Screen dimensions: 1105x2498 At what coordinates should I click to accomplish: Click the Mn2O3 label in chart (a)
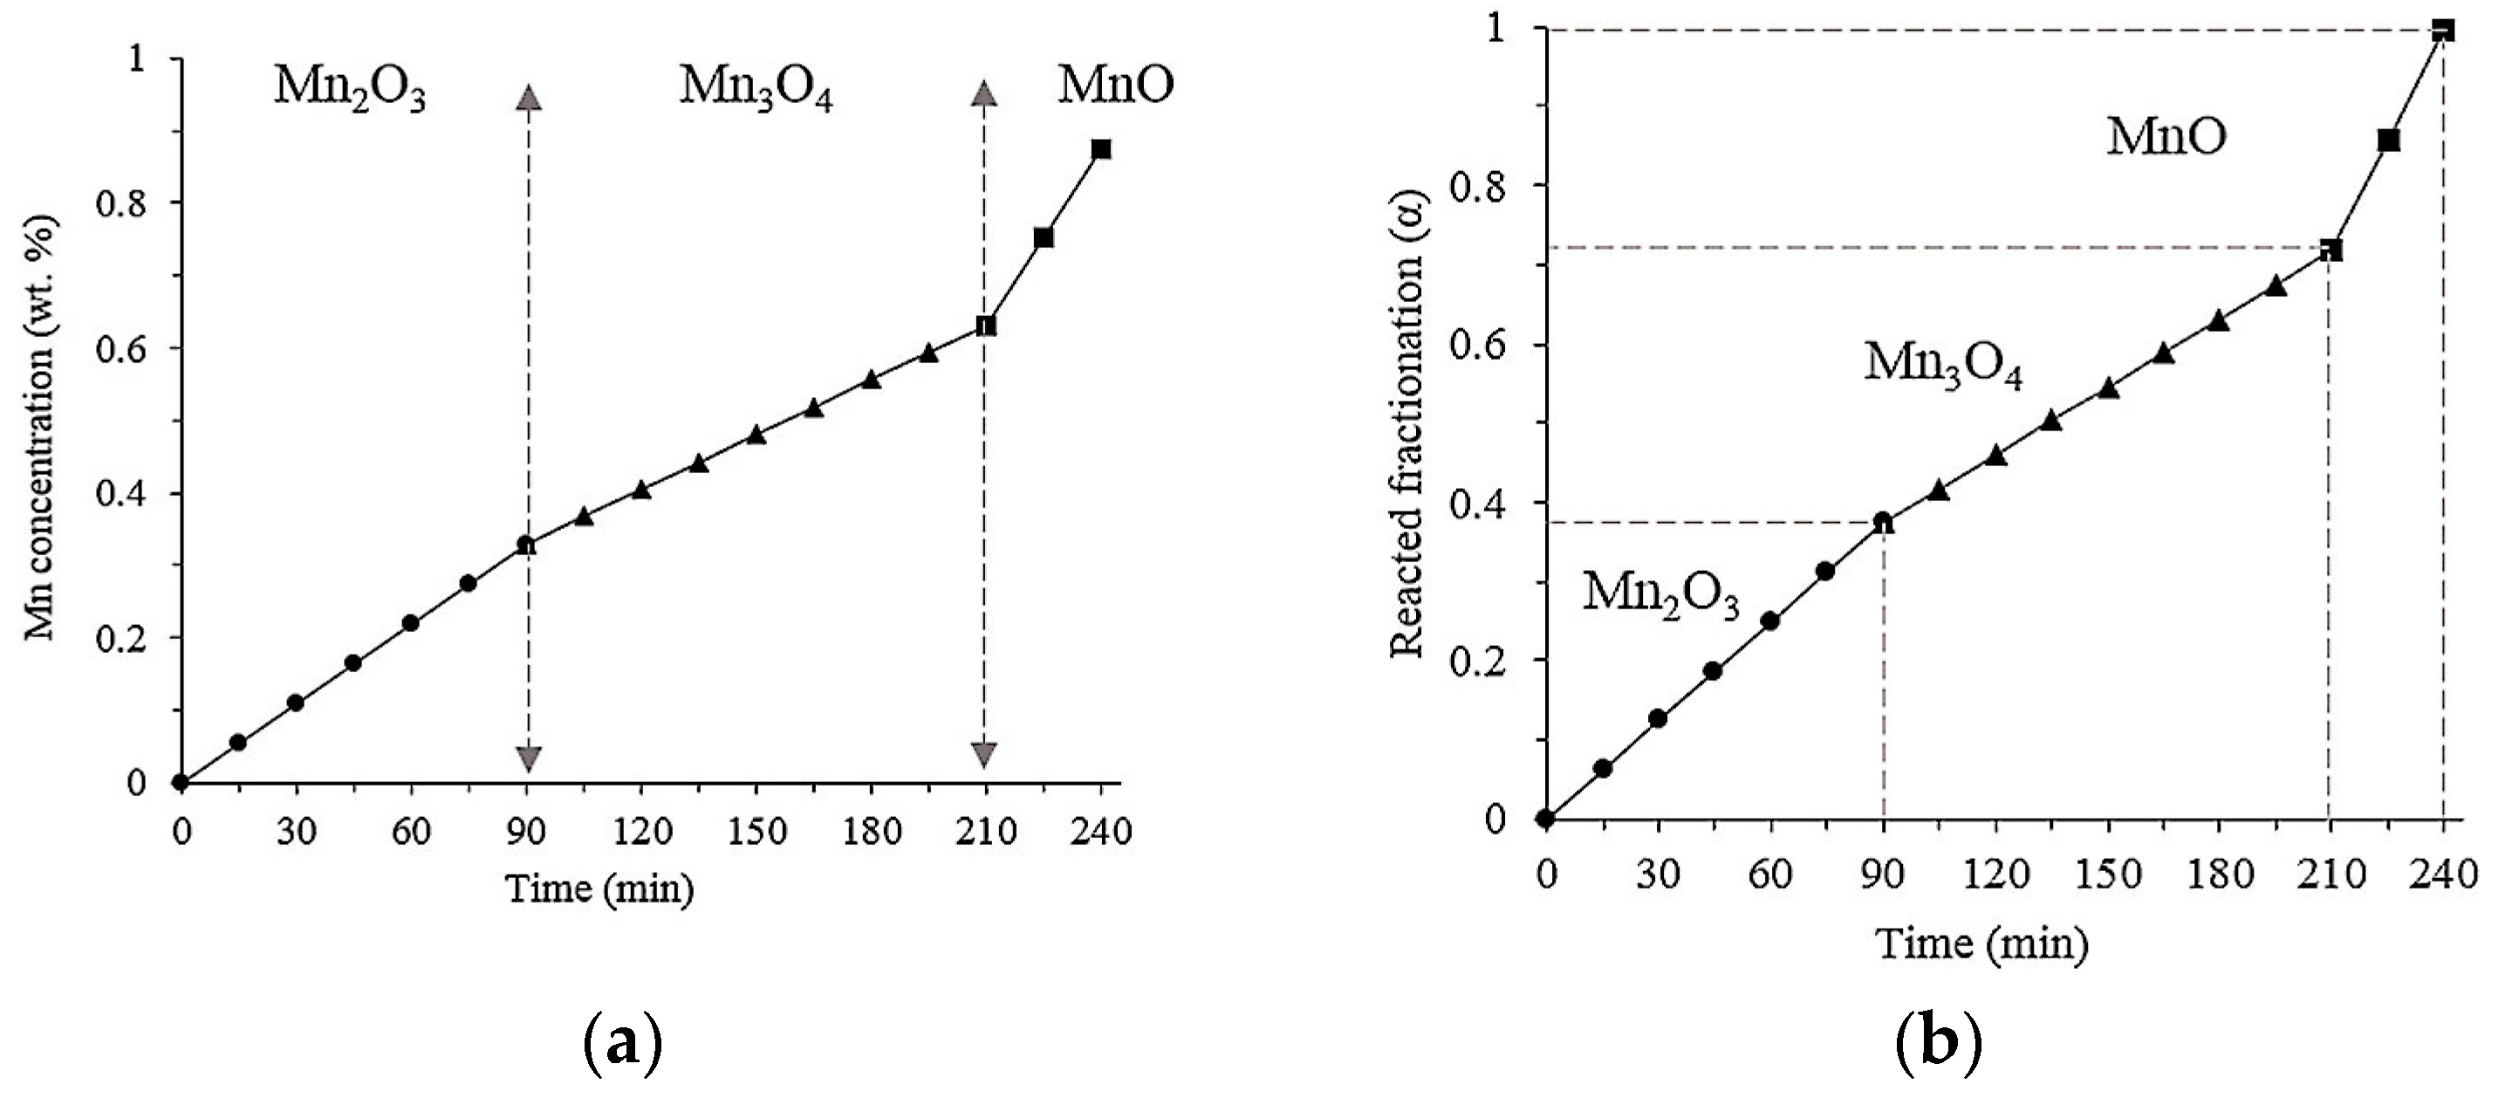pyautogui.click(x=349, y=89)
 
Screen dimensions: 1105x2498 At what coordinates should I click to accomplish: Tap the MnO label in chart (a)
pyautogui.click(x=1115, y=86)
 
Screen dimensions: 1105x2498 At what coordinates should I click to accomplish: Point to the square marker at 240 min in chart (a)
pyautogui.click(x=1100, y=149)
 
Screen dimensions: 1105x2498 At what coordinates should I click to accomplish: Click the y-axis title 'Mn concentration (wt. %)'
pyautogui.click(x=41, y=427)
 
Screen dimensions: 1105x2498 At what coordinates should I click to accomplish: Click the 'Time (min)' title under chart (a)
pyautogui.click(x=600, y=889)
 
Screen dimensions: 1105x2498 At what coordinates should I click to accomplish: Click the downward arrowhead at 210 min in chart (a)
pyautogui.click(x=984, y=755)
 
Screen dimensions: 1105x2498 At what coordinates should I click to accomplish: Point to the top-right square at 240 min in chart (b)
pyautogui.click(x=2443, y=30)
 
